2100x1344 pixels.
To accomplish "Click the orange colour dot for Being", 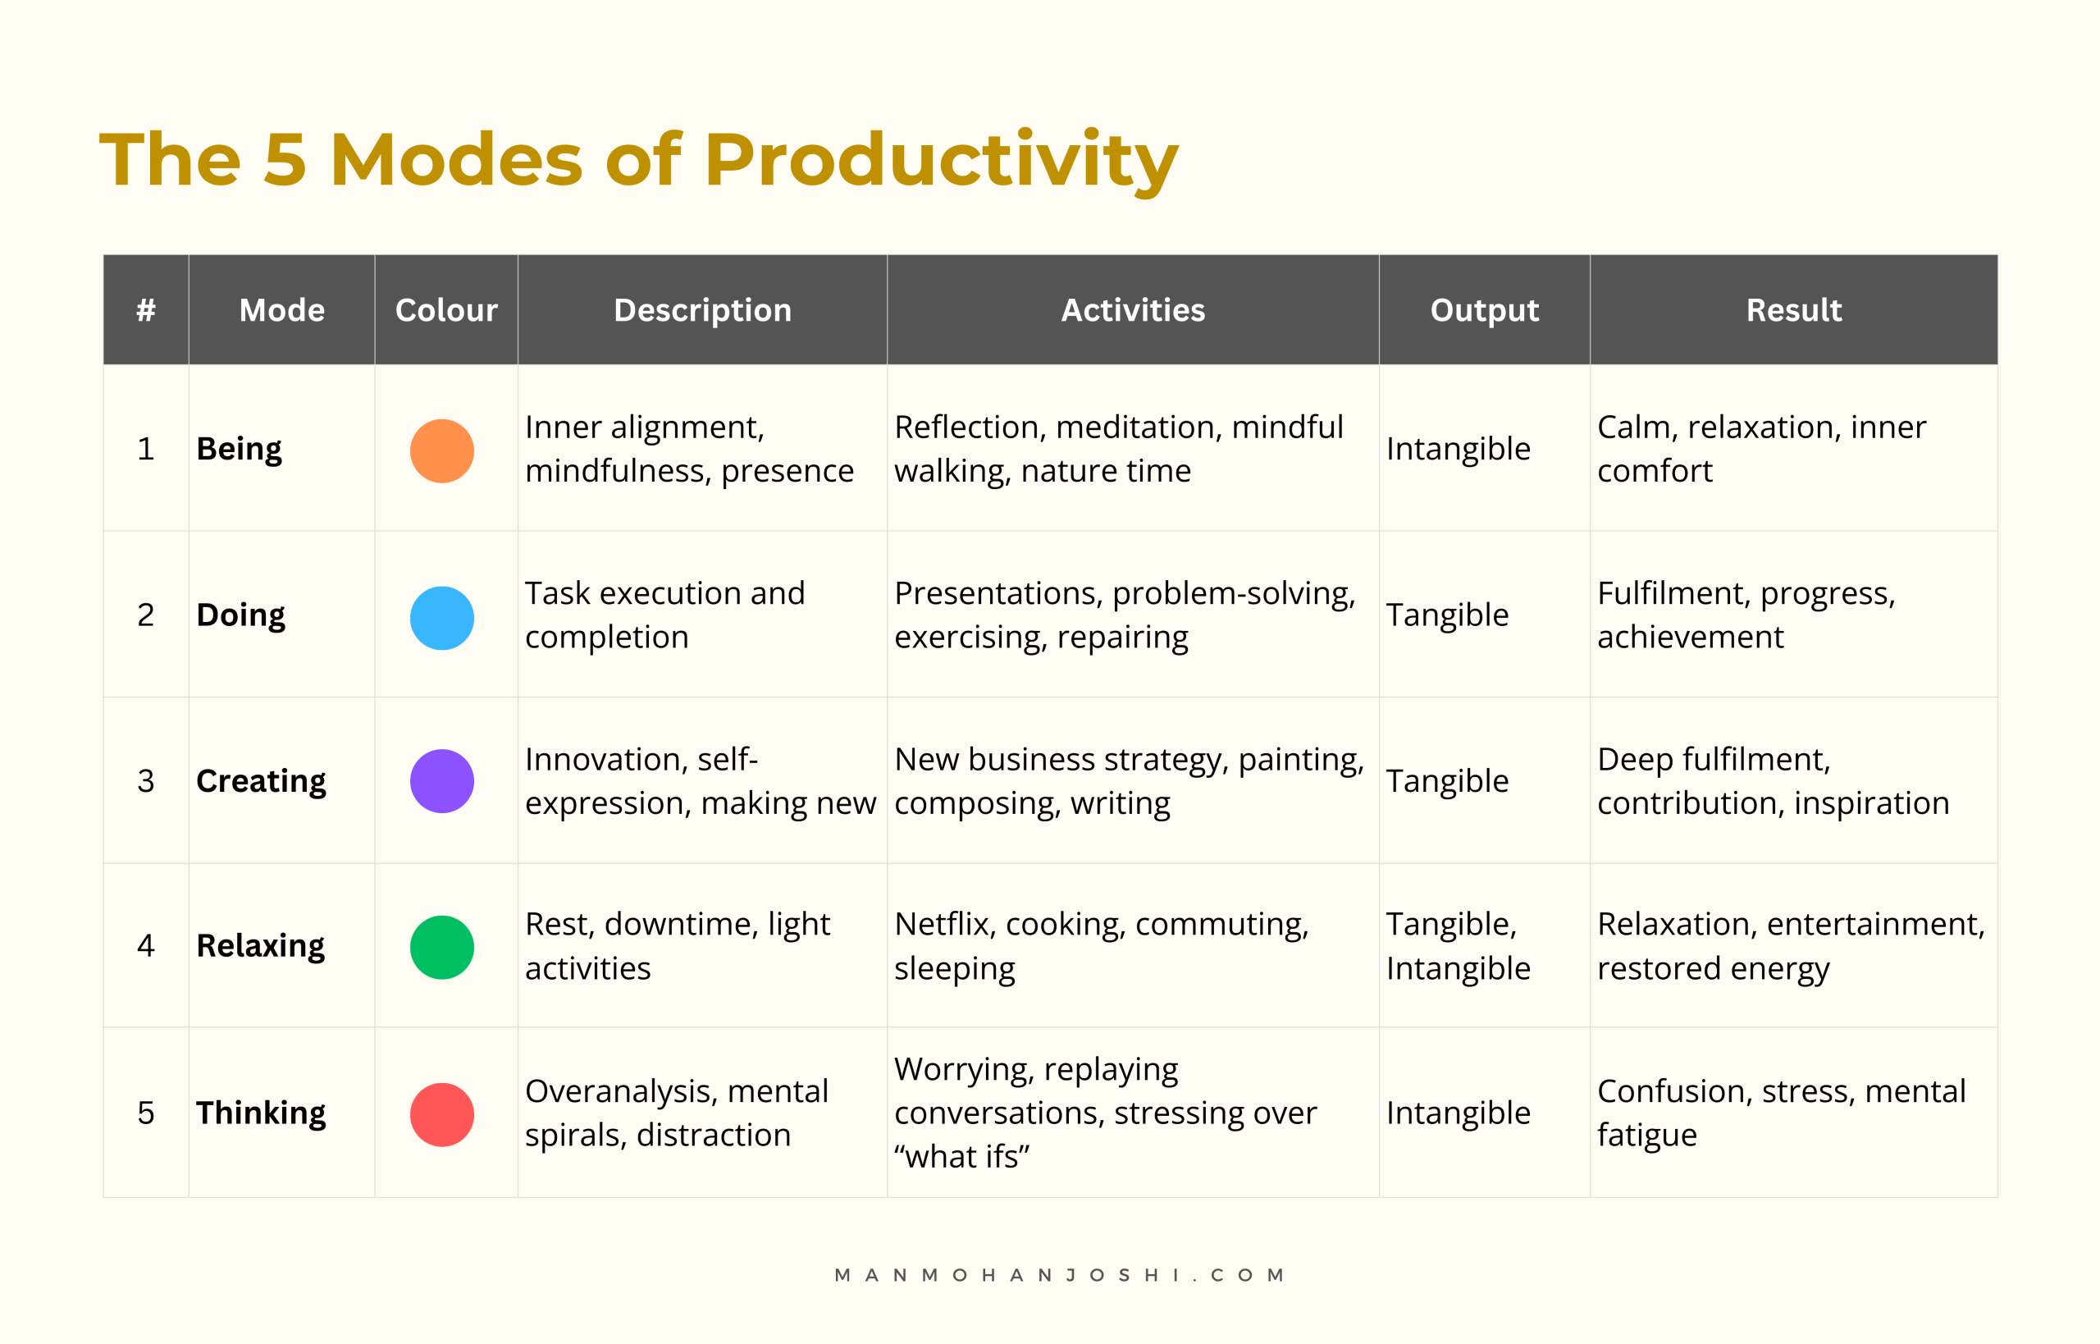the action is coord(441,450).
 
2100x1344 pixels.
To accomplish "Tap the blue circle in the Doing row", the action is coord(441,617).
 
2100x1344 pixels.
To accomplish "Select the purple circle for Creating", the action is coord(441,780).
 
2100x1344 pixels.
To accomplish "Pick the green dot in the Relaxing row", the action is coord(441,947).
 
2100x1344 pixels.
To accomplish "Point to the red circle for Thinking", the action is coord(441,1113).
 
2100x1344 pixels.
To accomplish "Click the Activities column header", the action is coord(1133,310).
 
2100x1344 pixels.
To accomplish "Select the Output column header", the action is coord(1484,311).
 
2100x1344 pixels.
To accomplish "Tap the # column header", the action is coord(146,310).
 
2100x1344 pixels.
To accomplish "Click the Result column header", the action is coord(1794,310).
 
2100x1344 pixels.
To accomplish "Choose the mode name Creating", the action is coord(261,781).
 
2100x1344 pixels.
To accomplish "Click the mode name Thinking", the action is coord(261,1113).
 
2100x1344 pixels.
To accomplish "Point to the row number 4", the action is coord(146,945).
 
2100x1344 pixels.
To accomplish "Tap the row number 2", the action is coord(146,615).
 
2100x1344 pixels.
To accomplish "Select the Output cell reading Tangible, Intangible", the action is coord(1458,946).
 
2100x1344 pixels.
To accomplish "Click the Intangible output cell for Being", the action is coord(1458,449).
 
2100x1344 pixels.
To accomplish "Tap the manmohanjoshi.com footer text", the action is coord(1059,1275).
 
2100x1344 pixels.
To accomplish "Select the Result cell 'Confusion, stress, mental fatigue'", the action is coord(1781,1113).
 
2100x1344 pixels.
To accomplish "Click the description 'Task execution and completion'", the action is coord(664,615).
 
